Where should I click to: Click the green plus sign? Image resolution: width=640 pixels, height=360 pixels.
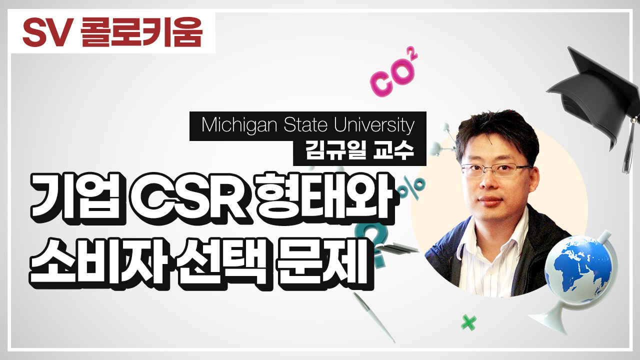coord(468,322)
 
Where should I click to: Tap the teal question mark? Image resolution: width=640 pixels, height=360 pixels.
coord(373,243)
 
